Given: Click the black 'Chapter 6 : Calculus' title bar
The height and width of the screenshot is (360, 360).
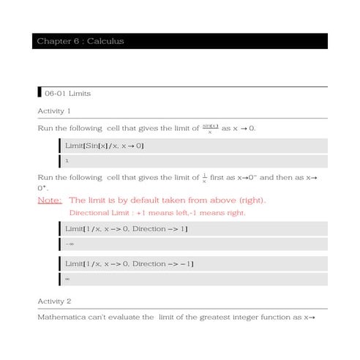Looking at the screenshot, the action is [180, 41].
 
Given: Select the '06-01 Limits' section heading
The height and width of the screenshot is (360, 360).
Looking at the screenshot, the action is [67, 94].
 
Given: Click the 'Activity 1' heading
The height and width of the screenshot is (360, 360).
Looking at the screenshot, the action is [54, 111].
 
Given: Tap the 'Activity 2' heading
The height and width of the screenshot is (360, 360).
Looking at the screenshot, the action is [54, 301].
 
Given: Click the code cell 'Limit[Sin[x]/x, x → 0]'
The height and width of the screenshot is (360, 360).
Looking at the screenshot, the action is [105, 146].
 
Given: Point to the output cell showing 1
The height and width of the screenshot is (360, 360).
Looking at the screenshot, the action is [67, 160].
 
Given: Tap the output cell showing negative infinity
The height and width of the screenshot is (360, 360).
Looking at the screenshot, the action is [70, 244].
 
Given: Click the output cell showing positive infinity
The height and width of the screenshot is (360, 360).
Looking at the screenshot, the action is [67, 279].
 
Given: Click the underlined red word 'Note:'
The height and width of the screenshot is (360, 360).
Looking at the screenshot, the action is [49, 200].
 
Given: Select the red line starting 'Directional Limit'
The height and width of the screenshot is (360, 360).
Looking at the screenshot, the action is [157, 213].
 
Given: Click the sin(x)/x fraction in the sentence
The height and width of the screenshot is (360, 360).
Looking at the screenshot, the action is [211, 129].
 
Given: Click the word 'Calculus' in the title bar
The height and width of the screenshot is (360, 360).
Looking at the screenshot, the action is [105, 41].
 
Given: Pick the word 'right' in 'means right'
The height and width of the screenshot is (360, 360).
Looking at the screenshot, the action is [235, 213].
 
